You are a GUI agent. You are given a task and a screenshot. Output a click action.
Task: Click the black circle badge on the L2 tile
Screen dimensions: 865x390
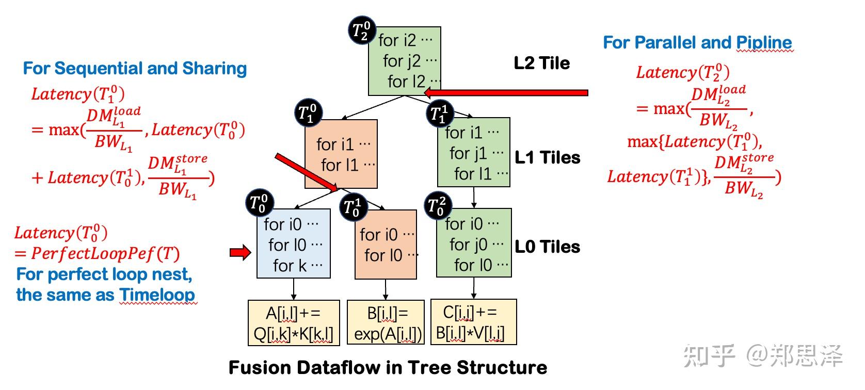click(x=362, y=30)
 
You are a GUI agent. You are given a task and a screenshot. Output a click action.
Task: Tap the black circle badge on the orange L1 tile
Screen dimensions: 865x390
click(x=308, y=113)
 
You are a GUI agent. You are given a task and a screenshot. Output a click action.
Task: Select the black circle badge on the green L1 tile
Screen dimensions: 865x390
click(x=440, y=113)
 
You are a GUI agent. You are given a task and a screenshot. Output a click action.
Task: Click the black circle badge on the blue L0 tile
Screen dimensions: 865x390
click(x=260, y=203)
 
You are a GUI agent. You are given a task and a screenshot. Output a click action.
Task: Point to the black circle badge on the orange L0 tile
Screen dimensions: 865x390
click(x=354, y=207)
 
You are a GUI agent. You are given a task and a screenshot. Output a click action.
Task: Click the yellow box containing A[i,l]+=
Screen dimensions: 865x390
click(x=294, y=323)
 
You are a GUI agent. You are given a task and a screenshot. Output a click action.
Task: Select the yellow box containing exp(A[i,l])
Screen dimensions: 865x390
click(x=386, y=322)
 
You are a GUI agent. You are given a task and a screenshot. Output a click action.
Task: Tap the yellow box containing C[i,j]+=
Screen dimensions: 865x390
click(x=473, y=322)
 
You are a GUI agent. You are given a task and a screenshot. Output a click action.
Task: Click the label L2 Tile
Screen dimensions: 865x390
click(x=541, y=63)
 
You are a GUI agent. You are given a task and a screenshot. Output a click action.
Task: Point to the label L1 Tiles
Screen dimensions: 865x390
click(x=547, y=157)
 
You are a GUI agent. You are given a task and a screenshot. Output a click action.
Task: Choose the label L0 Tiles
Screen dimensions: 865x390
click(x=547, y=247)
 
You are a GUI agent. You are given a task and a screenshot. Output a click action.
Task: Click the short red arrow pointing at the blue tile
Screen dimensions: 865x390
click(x=240, y=253)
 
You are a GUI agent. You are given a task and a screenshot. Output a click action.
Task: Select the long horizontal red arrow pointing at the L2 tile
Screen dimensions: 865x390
click(x=506, y=93)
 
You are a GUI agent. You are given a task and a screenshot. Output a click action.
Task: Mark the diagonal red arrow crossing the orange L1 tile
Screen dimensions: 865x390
click(x=307, y=173)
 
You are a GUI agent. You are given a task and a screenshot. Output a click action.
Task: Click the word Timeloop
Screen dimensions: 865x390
click(x=157, y=295)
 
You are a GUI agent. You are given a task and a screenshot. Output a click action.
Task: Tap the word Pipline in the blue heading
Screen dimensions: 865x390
click(x=764, y=43)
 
